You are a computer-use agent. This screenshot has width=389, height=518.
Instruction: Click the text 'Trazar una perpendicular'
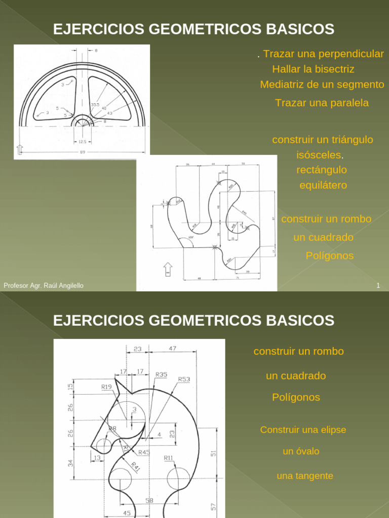(324, 54)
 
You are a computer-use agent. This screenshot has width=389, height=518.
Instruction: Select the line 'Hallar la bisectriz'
(313, 69)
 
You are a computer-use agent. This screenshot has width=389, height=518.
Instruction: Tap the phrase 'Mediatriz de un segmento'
(322, 84)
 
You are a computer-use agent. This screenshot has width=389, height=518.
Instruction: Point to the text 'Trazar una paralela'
(322, 103)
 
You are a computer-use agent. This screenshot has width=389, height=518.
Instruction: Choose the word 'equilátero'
(323, 185)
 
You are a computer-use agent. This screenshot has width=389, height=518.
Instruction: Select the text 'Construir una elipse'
(303, 430)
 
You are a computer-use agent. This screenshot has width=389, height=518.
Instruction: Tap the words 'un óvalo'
(301, 451)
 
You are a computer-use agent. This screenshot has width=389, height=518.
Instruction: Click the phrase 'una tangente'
(305, 476)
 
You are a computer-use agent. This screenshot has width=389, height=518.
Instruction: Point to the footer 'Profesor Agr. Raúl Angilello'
(44, 286)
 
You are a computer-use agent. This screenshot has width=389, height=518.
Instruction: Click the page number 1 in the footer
(378, 286)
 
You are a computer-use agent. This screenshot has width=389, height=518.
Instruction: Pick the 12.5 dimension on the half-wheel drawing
(82, 142)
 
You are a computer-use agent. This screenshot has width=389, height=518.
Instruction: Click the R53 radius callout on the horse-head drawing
(184, 379)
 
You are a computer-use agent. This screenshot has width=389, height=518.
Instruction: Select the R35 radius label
(161, 374)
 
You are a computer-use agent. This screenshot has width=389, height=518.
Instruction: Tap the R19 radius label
(106, 387)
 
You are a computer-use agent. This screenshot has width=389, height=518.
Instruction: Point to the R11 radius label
(168, 458)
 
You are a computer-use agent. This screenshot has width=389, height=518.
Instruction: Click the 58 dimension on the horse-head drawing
(149, 500)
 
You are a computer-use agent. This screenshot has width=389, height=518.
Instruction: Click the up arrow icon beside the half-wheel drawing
(20, 149)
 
